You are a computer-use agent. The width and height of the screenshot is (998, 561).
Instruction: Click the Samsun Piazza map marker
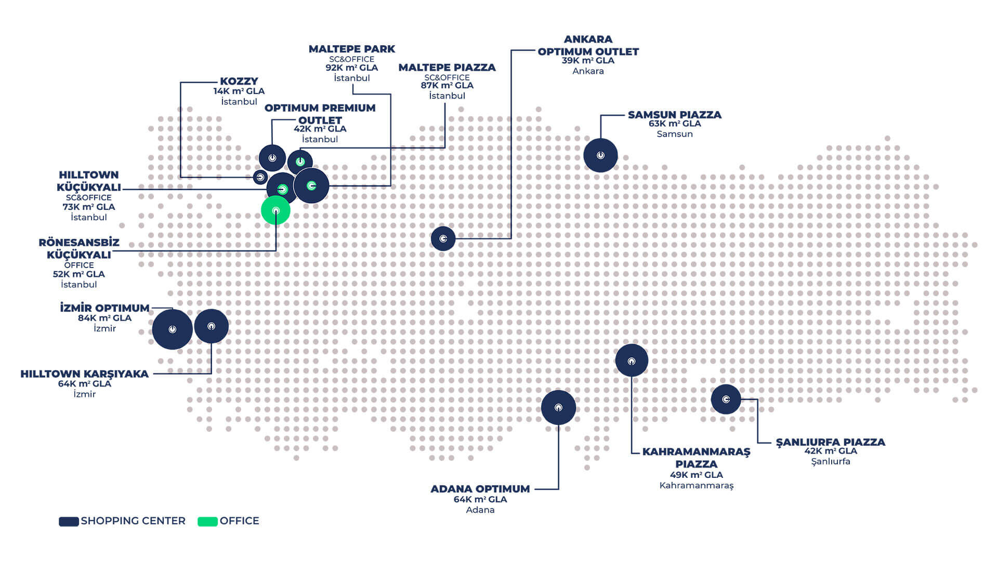[600, 155]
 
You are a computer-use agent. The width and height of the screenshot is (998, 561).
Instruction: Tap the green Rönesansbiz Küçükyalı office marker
[275, 210]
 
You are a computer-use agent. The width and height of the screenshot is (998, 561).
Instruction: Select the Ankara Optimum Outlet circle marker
[443, 238]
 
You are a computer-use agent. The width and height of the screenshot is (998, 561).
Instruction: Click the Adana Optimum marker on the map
[558, 407]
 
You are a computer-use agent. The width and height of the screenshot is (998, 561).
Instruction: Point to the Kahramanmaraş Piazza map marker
[632, 360]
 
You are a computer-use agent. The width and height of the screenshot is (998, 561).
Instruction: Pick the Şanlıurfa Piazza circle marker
[726, 399]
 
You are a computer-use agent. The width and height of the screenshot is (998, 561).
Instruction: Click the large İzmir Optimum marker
[173, 329]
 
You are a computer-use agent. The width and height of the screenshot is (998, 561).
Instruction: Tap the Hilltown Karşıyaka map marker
[211, 326]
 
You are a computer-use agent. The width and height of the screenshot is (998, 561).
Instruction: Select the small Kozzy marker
[260, 177]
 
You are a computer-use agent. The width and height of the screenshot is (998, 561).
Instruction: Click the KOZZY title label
[239, 81]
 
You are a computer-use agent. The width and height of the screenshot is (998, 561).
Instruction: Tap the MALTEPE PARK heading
[352, 49]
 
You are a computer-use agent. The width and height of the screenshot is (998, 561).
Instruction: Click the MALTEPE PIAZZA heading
[447, 67]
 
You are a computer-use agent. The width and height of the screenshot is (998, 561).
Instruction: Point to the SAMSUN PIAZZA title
[675, 114]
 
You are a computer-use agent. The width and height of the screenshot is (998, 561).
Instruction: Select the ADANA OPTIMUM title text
[480, 489]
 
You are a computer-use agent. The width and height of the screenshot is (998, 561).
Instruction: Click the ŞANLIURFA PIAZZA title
[831, 442]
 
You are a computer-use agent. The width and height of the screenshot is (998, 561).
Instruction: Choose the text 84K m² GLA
[104, 318]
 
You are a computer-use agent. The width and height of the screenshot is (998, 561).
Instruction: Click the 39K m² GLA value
[588, 60]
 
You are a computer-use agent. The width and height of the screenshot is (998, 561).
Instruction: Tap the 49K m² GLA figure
[697, 475]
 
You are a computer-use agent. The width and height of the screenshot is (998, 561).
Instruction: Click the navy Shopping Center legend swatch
[69, 522]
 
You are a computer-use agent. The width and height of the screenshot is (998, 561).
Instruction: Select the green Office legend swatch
[207, 522]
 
